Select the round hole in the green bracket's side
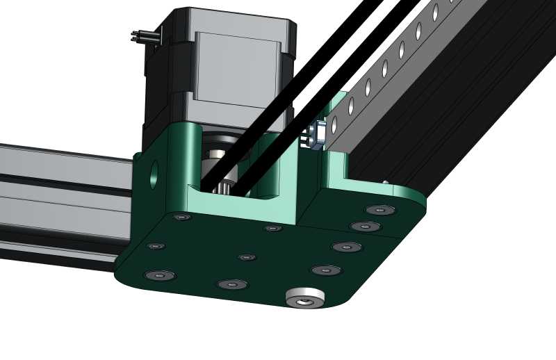[x=154, y=174]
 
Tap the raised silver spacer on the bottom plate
[x=305, y=297]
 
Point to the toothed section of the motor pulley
[x=224, y=186]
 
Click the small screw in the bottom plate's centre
[x=247, y=257]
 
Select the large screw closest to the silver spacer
[x=325, y=270]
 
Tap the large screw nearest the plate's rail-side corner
[x=380, y=210]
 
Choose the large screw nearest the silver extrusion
[x=159, y=275]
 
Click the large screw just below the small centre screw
[x=232, y=284]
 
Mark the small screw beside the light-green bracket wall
[x=273, y=228]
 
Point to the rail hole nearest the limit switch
[x=335, y=125]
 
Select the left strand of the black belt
[x=243, y=142]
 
